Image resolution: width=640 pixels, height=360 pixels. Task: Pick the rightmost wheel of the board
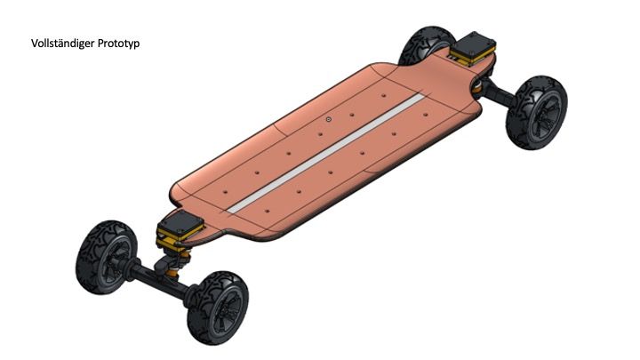tap(536, 107)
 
